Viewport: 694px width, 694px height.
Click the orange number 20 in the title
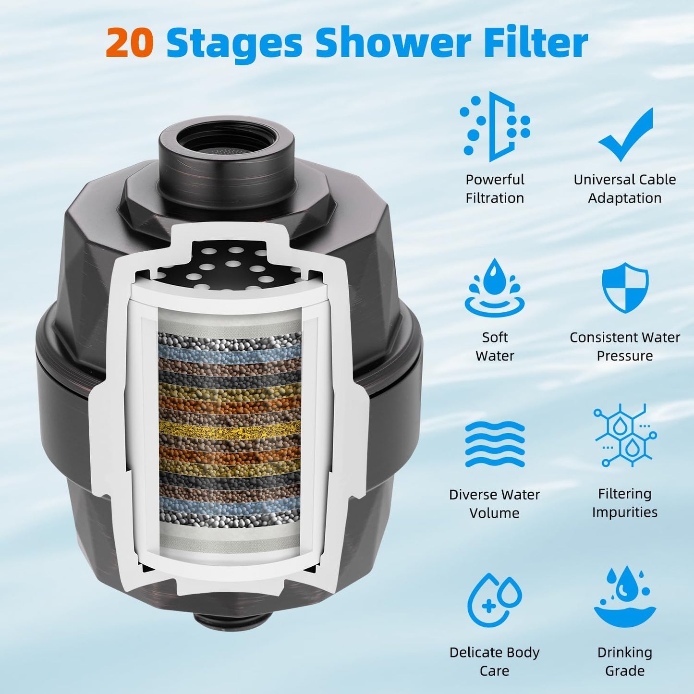pyautogui.click(x=130, y=43)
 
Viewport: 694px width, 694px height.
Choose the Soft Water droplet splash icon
pyautogui.click(x=495, y=288)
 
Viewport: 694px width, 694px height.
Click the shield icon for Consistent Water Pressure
pyautogui.click(x=625, y=288)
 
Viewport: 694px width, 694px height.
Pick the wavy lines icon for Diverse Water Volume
pyautogui.click(x=495, y=444)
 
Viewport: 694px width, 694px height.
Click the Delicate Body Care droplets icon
pyautogui.click(x=495, y=600)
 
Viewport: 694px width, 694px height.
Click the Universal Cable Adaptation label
pyautogui.click(x=625, y=189)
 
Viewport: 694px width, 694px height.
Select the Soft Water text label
pyautogui.click(x=495, y=346)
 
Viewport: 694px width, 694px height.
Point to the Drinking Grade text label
pyautogui.click(x=625, y=661)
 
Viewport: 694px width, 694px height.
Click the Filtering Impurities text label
pyautogui.click(x=625, y=502)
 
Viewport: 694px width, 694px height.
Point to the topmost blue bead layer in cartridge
pyautogui.click(x=230, y=356)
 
